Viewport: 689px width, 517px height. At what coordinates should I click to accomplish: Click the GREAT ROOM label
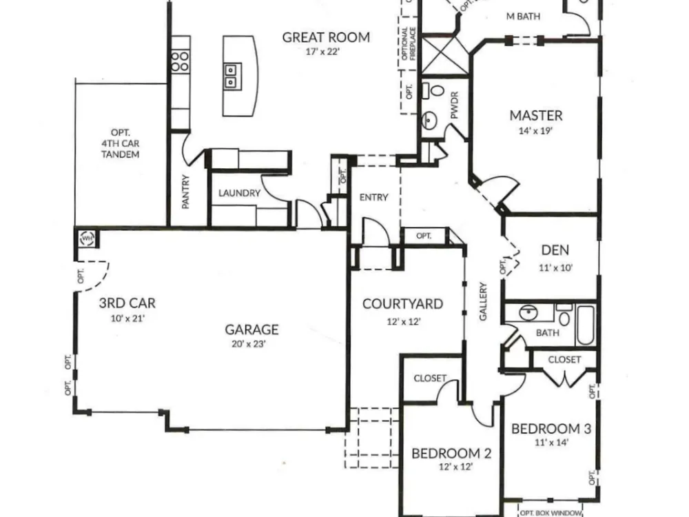coord(326,37)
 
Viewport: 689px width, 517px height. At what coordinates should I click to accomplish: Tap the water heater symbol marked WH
coord(87,239)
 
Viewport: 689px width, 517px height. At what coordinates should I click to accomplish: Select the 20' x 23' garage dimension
coord(249,344)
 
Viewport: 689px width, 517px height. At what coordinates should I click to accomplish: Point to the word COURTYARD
coord(402,304)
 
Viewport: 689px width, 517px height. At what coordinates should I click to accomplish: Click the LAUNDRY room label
coord(240,193)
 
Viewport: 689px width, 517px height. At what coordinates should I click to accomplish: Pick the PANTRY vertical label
coord(185,192)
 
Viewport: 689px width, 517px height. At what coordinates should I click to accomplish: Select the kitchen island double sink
coord(231,77)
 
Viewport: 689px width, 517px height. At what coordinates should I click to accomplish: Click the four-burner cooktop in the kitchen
coord(180,61)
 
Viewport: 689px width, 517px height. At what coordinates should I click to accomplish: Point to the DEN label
coord(555,250)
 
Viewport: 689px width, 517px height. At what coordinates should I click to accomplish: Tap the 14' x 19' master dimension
coord(535,131)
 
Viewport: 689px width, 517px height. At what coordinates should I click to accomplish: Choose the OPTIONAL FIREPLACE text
coord(409,44)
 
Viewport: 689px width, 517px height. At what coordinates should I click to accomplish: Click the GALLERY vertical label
coord(483,302)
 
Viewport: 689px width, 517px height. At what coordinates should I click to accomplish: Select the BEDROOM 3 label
coord(551,429)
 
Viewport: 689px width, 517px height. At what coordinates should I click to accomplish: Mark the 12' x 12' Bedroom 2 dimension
coord(455,467)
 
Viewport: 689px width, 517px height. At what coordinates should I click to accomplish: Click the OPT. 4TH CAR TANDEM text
coord(120,143)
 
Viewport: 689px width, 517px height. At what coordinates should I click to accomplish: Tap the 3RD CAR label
coord(127,303)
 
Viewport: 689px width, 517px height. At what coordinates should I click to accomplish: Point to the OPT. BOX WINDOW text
coord(551,513)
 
